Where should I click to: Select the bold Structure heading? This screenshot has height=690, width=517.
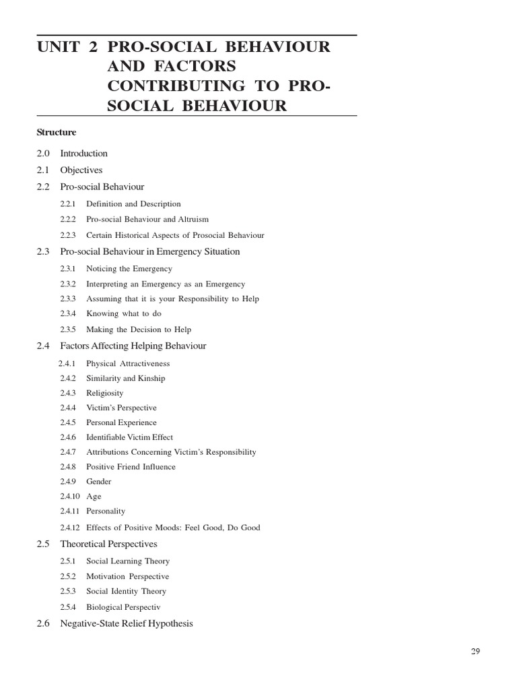point(57,133)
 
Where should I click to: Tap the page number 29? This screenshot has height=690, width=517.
point(475,651)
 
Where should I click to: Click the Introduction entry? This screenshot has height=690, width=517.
point(83,154)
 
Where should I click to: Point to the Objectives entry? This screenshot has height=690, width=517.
point(81,170)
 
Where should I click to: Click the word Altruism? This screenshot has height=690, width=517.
point(192,220)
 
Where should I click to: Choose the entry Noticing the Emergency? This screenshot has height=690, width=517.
point(129,269)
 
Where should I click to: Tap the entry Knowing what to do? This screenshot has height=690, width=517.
point(124,314)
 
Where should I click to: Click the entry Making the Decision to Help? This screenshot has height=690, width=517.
point(139,330)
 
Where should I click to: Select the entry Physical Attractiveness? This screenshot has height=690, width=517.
point(128,364)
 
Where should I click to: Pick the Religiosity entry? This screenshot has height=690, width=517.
point(105,393)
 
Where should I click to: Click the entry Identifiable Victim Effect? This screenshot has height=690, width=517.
point(129,437)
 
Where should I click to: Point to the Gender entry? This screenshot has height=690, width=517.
point(99,482)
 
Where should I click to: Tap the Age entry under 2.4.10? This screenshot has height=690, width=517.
point(94,497)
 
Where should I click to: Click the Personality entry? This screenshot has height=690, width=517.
point(106,511)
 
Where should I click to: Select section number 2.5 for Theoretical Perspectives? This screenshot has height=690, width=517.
point(44,544)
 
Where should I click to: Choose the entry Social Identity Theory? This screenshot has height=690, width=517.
point(126,592)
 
